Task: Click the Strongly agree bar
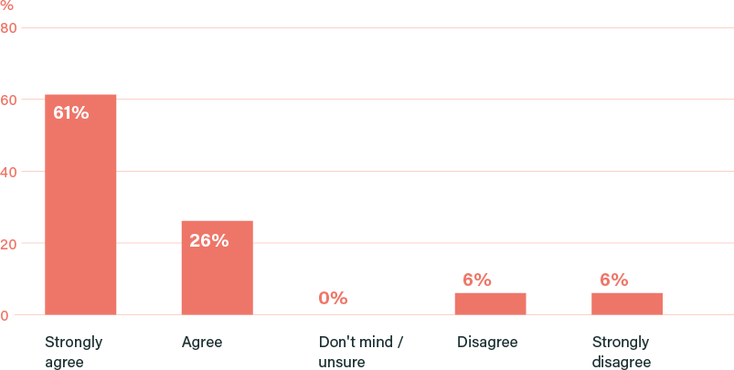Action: (x=80, y=205)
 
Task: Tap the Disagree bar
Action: (x=490, y=303)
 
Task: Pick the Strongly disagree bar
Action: (x=627, y=303)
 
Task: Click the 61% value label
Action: (x=71, y=113)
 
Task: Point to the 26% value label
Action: (x=208, y=241)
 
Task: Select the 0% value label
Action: (x=333, y=298)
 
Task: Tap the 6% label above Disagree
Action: (x=477, y=280)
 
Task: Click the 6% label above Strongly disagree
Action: (x=613, y=280)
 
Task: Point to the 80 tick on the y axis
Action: (x=9, y=27)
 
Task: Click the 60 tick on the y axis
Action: (x=9, y=100)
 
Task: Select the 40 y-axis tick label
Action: (x=9, y=172)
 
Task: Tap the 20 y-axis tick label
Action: (x=9, y=244)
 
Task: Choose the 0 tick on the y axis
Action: (x=5, y=316)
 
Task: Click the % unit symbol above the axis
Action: (x=6, y=5)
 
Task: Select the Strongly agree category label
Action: (x=73, y=352)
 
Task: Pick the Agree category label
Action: (x=202, y=343)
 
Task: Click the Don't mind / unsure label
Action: (x=361, y=352)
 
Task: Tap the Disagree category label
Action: (x=486, y=343)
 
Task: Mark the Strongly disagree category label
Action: (x=622, y=352)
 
